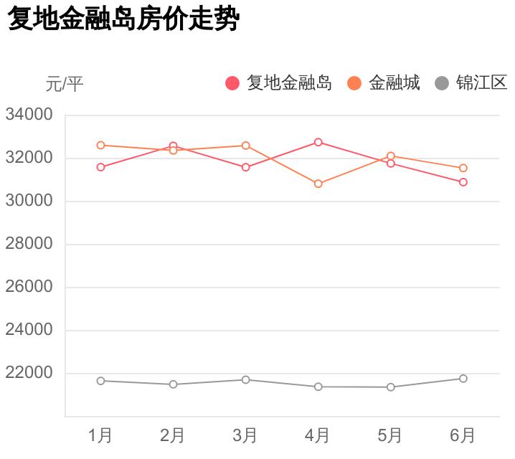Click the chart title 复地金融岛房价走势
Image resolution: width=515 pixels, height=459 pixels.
pyautogui.click(x=122, y=19)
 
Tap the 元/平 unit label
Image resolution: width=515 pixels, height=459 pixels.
pyautogui.click(x=65, y=85)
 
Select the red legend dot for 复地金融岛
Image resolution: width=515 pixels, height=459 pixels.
pyautogui.click(x=232, y=83)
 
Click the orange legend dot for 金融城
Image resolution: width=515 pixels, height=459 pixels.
pyautogui.click(x=354, y=83)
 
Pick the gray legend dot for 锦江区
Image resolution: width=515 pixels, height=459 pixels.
pyautogui.click(x=442, y=83)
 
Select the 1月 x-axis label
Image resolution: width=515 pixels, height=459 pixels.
pyautogui.click(x=100, y=435)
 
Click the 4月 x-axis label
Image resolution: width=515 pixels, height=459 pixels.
pyautogui.click(x=318, y=435)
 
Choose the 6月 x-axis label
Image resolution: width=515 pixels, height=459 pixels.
pyautogui.click(x=463, y=435)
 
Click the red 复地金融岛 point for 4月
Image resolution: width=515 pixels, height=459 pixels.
pyautogui.click(x=318, y=142)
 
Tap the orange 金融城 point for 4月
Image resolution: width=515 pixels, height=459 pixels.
pyautogui.click(x=318, y=184)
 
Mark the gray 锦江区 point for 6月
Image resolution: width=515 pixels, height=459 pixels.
pyautogui.click(x=463, y=379)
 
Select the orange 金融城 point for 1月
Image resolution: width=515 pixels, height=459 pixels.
pyautogui.click(x=101, y=145)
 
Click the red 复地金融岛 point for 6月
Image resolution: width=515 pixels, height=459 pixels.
pyautogui.click(x=463, y=182)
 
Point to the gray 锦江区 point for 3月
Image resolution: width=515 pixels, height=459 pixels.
pyautogui.click(x=245, y=379)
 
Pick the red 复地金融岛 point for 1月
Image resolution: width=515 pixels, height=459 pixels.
pyautogui.click(x=101, y=167)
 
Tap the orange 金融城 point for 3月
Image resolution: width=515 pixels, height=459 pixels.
pyautogui.click(x=245, y=146)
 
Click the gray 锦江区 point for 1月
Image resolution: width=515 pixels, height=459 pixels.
pyautogui.click(x=101, y=381)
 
